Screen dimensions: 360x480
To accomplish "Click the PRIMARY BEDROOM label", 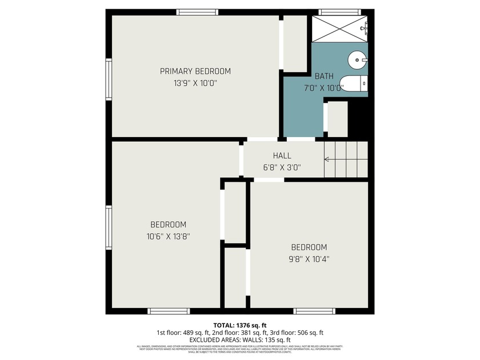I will coord(195,71).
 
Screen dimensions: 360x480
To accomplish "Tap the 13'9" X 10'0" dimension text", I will coord(195,83).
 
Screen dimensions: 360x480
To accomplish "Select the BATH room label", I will coord(324,76).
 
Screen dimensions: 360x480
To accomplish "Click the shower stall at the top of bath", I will coord(339,27).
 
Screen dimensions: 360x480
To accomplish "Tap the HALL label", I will coord(282,155).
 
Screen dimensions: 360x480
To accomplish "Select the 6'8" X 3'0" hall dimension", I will coord(282,167).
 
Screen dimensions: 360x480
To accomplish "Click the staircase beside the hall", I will coord(345,159).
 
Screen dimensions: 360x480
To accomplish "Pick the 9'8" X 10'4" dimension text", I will coord(309,259).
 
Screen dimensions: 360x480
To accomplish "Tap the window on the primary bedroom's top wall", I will coord(197,11).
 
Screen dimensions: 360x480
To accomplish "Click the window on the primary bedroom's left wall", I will coord(108,80).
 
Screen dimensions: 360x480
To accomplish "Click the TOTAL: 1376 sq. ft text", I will coord(240,324).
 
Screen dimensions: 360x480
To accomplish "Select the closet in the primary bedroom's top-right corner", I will coord(295,43).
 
